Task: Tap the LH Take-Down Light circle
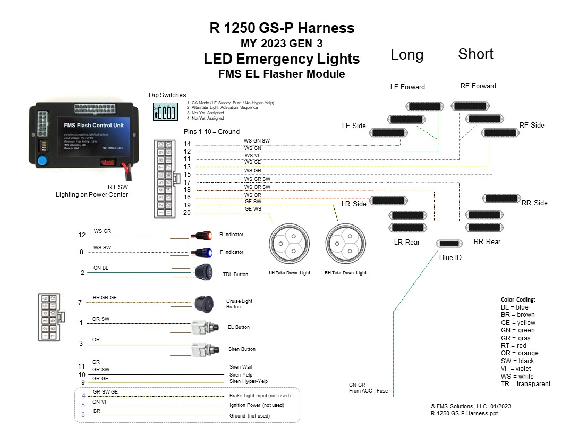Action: click(290, 245)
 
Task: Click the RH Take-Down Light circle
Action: click(345, 245)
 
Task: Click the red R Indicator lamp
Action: click(203, 235)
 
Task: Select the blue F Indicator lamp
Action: click(203, 253)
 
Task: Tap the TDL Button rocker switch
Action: click(203, 272)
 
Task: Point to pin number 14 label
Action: click(187, 144)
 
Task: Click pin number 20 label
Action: click(187, 213)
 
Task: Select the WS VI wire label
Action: click(252, 156)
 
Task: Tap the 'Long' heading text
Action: click(407, 55)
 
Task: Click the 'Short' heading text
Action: click(475, 54)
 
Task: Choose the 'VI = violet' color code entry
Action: click(516, 369)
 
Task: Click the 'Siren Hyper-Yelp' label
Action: click(249, 381)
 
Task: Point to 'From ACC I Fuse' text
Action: click(368, 391)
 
